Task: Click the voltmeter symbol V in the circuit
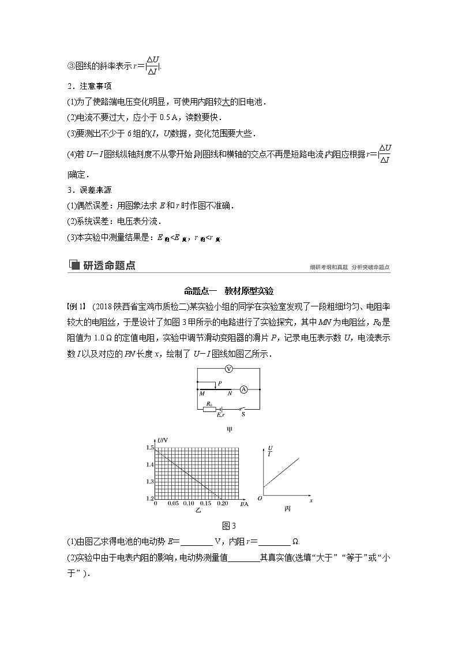[x=229, y=369]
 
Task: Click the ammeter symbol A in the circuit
[x=243, y=390]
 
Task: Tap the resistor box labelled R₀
[x=209, y=409]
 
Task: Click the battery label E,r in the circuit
[x=220, y=415]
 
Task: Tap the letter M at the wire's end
[x=202, y=394]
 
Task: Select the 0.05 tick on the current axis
[x=172, y=504]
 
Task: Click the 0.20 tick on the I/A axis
[x=223, y=504]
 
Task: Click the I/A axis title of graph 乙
[x=243, y=504]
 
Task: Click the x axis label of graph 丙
[x=311, y=500]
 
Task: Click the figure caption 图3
[x=229, y=525]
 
